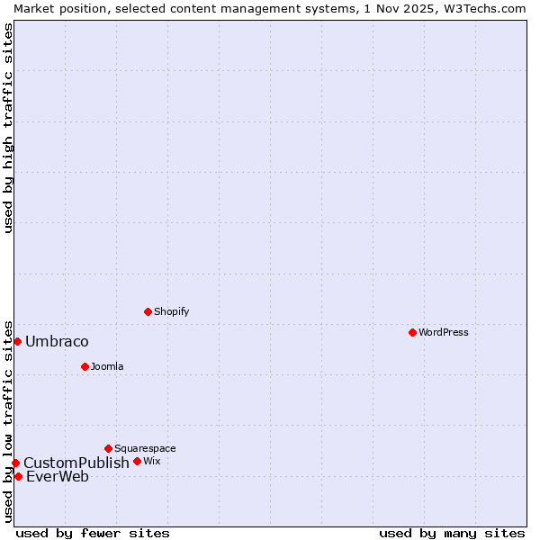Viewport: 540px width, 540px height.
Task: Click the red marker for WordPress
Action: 412,332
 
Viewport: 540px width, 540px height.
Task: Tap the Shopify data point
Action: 148,311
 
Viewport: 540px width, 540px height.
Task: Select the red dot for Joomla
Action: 85,366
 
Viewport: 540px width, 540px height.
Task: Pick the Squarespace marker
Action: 108,448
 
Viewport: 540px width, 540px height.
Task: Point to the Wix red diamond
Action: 137,461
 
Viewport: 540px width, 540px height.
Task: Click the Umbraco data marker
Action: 17,341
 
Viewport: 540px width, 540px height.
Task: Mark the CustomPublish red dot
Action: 15,463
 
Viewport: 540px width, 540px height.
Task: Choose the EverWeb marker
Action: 18,476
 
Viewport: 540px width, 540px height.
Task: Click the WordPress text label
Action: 444,332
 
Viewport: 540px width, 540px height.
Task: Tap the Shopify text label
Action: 171,311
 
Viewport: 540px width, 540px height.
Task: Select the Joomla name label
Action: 107,366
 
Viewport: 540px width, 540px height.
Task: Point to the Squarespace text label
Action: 145,448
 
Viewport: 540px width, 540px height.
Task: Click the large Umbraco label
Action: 57,342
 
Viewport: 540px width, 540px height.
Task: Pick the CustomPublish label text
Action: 76,463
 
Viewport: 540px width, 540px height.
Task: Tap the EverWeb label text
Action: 58,477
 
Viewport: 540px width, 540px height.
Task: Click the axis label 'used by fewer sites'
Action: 93,533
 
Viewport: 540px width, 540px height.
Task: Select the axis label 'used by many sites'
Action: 452,533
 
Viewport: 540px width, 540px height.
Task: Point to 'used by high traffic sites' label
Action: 9,128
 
